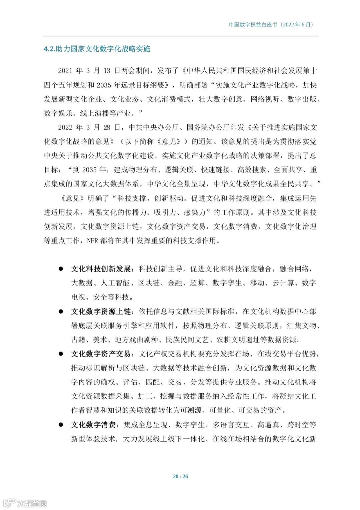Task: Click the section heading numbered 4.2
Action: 97,49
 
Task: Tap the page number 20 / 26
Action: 180,476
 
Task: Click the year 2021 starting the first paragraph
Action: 65,71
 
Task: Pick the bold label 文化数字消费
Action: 93,425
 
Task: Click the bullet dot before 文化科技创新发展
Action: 61,269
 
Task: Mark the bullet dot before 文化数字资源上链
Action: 61,312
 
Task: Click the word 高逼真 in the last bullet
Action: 268,425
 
